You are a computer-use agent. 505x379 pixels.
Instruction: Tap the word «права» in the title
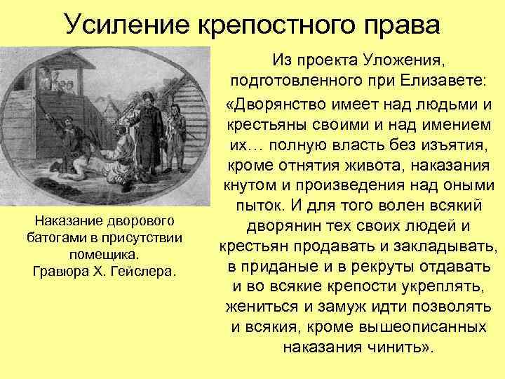click(400, 25)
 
